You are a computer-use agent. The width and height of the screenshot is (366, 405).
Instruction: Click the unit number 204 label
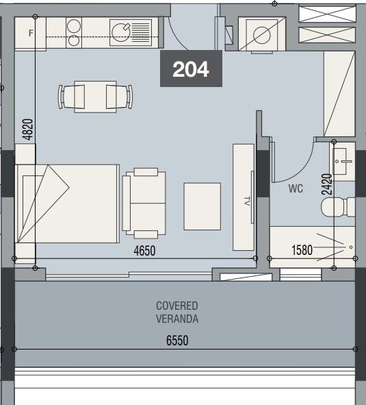(191, 69)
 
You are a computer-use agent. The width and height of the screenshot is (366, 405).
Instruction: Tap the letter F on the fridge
(31, 33)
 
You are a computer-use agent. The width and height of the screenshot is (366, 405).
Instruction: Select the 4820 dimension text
(27, 130)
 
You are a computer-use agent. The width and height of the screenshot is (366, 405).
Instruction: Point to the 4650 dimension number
(144, 251)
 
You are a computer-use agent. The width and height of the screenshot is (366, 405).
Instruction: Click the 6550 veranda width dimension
(177, 341)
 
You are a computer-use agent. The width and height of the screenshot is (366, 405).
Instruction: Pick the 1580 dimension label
(302, 250)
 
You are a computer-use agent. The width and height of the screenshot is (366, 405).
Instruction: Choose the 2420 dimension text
(326, 184)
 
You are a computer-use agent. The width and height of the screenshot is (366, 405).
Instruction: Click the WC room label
(296, 188)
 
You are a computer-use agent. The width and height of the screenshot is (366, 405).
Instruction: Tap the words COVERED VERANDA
(177, 312)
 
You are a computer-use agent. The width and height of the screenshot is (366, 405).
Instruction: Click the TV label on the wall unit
(247, 201)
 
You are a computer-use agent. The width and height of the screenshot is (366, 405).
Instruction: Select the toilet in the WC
(338, 207)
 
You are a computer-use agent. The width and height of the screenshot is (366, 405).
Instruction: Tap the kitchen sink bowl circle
(120, 32)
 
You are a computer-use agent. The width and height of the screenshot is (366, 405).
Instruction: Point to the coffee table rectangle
(202, 206)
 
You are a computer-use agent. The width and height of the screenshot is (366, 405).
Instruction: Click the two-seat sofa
(144, 204)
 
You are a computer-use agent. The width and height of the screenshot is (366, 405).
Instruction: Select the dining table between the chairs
(95, 97)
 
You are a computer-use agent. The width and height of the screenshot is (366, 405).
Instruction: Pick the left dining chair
(71, 97)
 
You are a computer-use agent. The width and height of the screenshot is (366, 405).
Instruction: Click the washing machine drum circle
(262, 35)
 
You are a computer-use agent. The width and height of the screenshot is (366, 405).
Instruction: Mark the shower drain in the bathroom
(351, 247)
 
